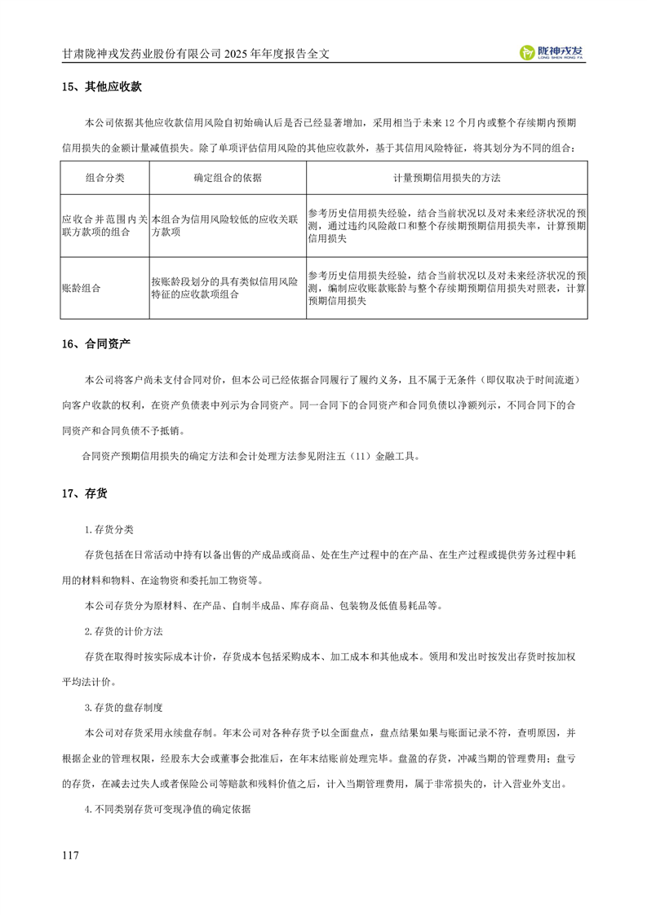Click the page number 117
(69, 855)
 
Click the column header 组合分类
(104, 177)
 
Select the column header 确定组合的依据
(227, 177)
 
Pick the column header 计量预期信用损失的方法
(446, 177)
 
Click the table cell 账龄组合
(79, 288)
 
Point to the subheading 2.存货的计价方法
(125, 631)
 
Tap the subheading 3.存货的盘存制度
(125, 706)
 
